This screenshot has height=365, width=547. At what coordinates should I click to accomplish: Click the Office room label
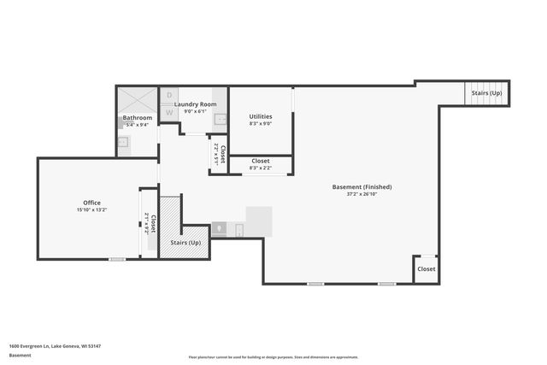click(91, 203)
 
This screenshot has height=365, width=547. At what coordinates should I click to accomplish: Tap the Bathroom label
click(137, 118)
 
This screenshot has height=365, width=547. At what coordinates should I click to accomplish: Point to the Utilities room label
click(261, 116)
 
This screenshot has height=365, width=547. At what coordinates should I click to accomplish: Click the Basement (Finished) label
click(362, 186)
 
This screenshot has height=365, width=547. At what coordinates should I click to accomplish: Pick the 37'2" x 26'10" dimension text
click(362, 193)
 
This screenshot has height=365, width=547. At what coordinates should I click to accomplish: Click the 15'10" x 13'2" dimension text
click(91, 209)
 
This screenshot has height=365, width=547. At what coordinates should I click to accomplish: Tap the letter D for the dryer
click(169, 96)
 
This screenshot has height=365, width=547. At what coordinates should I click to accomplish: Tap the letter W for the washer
click(169, 112)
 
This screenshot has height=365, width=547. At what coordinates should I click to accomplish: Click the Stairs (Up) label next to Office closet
click(185, 244)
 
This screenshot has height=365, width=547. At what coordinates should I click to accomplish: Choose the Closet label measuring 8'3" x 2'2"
click(261, 161)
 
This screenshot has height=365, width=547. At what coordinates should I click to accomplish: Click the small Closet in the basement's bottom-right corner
click(426, 268)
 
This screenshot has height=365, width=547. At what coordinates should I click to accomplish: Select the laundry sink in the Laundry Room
click(219, 119)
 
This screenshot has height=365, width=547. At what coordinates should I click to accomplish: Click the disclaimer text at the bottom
click(273, 357)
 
